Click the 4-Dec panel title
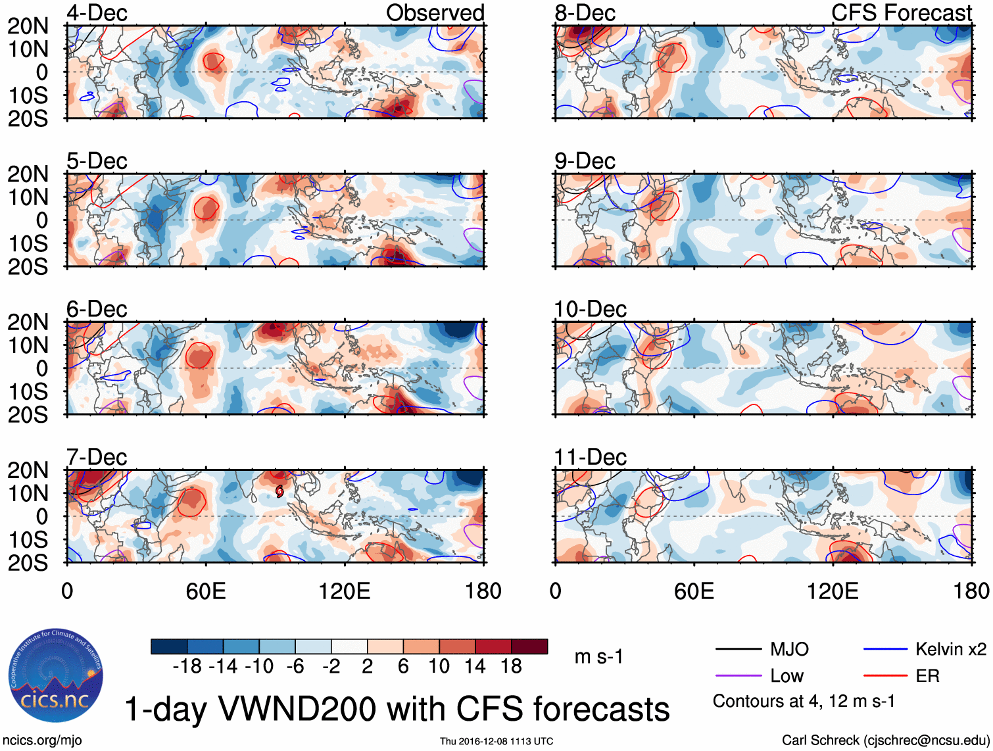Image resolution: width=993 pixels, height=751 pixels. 97,13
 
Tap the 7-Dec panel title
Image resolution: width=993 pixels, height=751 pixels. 97,457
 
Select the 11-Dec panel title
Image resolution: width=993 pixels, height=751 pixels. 590,457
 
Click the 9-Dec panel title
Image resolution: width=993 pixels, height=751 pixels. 585,161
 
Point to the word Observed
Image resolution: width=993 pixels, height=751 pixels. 435,13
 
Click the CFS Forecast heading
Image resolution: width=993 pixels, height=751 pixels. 901,13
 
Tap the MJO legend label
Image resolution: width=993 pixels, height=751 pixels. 789,650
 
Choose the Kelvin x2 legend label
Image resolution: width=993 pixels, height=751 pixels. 950,650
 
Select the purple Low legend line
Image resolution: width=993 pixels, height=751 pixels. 739,675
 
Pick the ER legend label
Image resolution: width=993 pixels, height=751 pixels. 927,676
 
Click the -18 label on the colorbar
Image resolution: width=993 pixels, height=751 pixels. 187,667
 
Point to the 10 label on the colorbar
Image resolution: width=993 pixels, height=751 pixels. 439,667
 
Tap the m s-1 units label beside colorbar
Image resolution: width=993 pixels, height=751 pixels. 598,657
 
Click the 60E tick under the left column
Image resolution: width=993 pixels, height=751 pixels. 206,591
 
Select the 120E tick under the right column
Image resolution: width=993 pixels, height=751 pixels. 833,591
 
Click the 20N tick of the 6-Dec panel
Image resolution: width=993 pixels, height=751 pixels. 28,323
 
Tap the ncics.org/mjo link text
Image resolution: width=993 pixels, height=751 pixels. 43,740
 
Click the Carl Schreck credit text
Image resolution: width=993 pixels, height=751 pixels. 885,740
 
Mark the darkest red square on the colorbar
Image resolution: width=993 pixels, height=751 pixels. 529,646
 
